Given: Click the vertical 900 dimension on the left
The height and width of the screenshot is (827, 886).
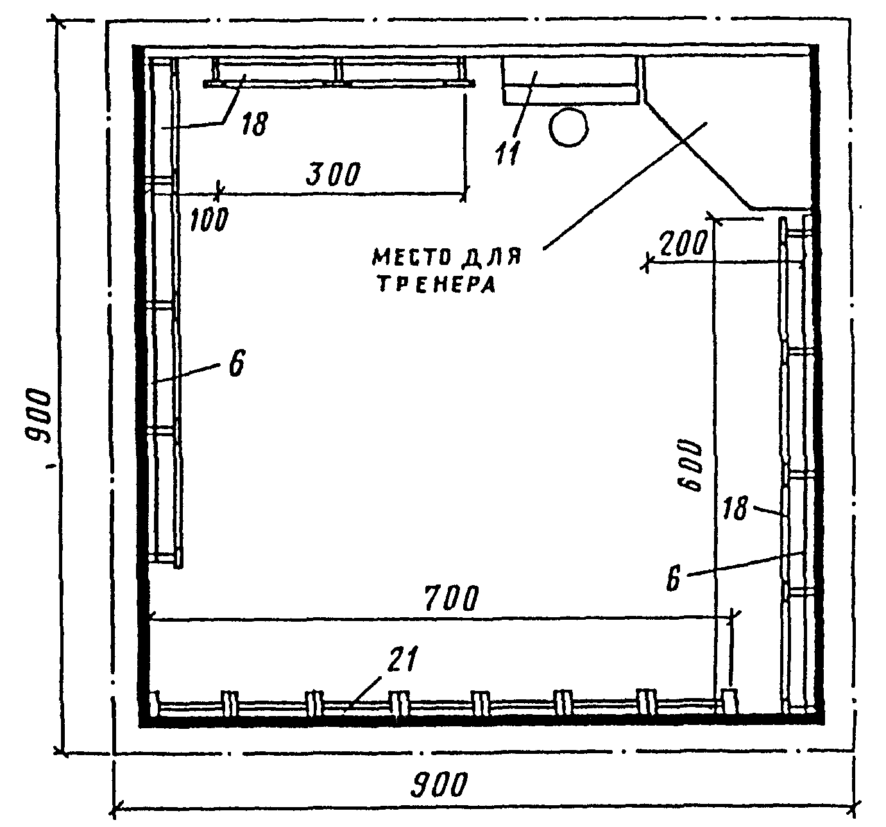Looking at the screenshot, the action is pos(39,416).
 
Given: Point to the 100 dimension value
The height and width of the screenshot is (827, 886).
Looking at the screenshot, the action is pos(209,219).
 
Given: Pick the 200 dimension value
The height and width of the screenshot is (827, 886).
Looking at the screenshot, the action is pos(683,243).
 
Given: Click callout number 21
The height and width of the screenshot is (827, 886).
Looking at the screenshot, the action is pos(402,659).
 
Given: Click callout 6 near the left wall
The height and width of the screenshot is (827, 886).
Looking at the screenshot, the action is pos(236,364).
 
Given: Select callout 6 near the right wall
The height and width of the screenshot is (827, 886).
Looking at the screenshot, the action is pos(674,579).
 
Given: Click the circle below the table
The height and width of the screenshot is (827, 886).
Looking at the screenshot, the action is pos(568,128).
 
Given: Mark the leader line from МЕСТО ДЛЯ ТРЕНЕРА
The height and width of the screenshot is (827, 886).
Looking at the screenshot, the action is pos(625,185).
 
